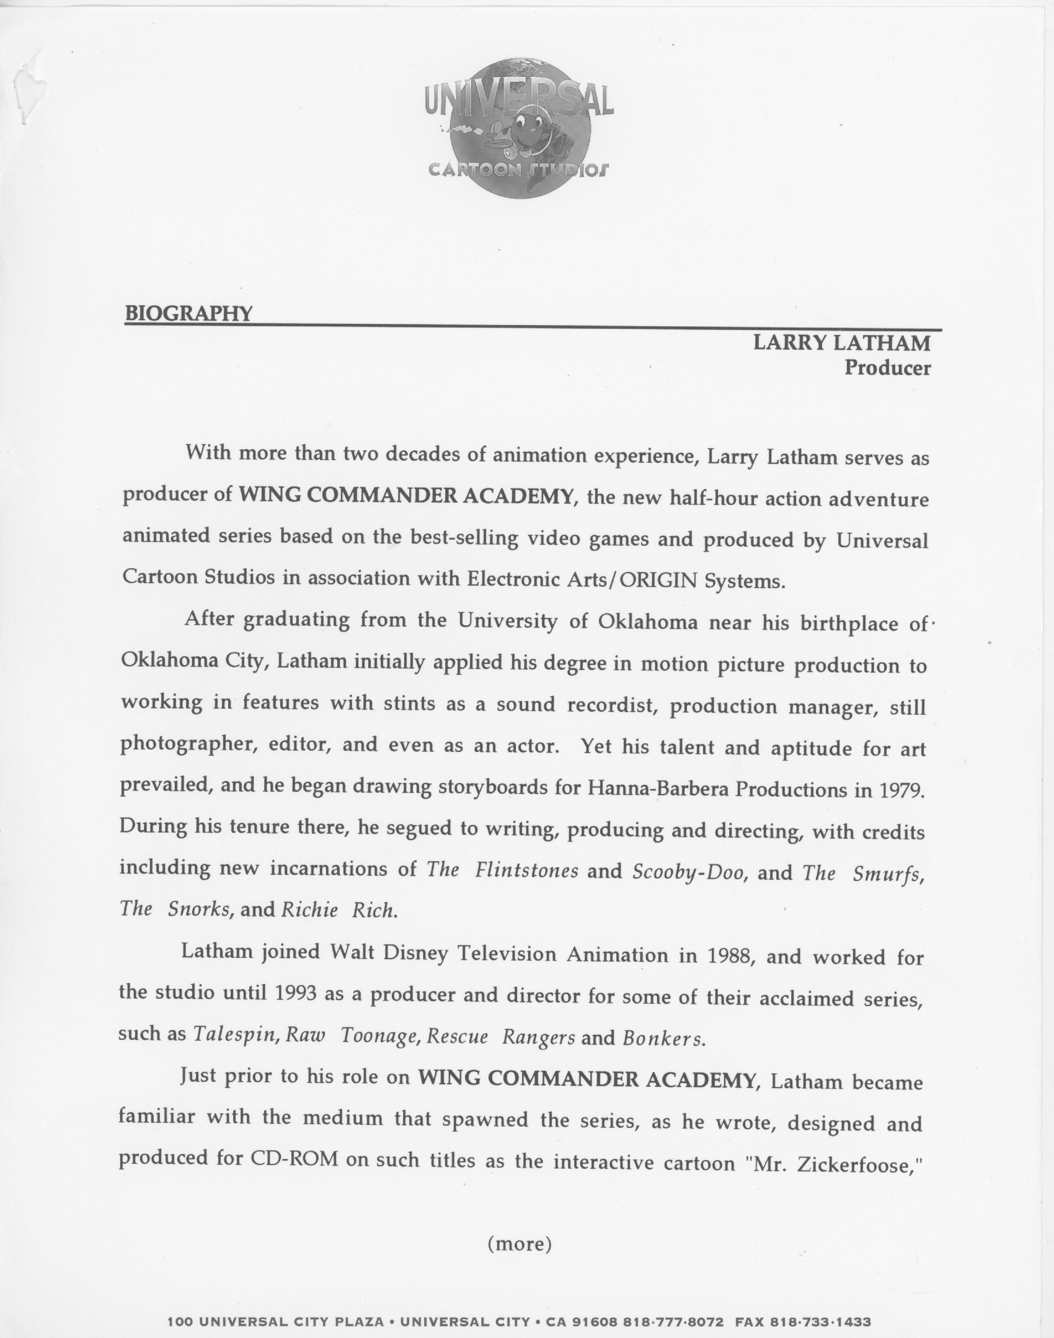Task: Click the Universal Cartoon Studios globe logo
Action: point(518,127)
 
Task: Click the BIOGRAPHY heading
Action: point(189,313)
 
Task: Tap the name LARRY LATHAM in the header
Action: point(841,343)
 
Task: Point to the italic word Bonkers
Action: point(662,1039)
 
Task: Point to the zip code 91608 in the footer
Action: point(595,1322)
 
